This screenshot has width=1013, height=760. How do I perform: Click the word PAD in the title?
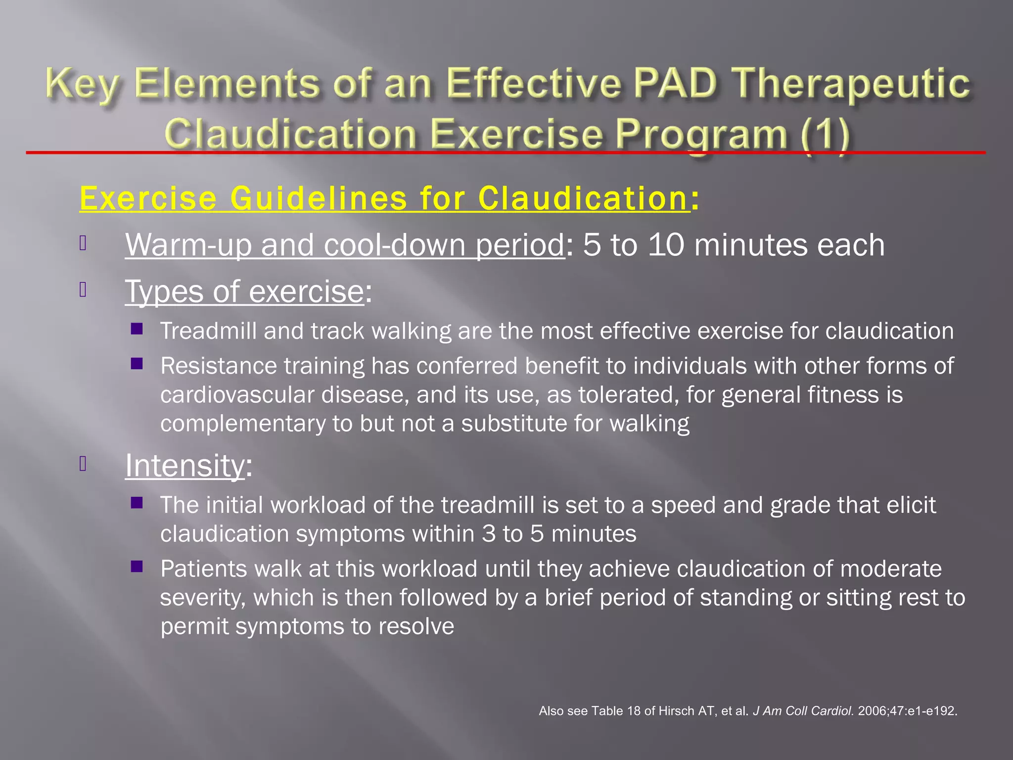[675, 83]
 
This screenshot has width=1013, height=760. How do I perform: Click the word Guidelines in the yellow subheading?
[319, 198]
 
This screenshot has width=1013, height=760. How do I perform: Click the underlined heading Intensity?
[184, 466]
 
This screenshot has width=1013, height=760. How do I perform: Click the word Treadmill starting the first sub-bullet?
[208, 331]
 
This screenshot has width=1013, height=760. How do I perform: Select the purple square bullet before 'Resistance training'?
[137, 365]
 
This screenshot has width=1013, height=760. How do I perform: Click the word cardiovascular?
[237, 395]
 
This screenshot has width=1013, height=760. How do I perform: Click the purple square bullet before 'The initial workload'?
[137, 504]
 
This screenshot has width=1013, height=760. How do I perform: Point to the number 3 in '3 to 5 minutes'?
[489, 534]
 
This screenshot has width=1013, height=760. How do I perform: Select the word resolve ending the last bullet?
[416, 626]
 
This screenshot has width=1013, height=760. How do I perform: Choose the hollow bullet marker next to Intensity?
[83, 464]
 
